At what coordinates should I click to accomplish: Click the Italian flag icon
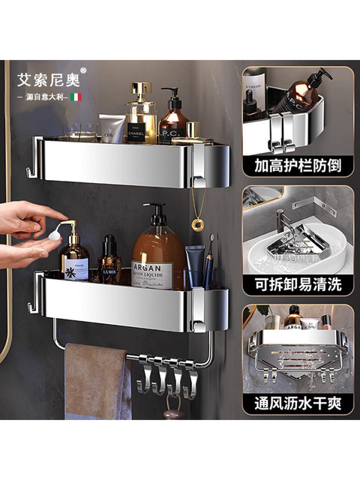click(76, 97)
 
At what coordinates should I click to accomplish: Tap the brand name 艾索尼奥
click(44, 78)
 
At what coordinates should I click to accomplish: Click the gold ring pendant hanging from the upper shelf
click(197, 223)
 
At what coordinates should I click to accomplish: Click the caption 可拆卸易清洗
click(298, 285)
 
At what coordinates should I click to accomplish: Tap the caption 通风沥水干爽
click(298, 404)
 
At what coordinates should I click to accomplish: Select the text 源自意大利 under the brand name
click(44, 97)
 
